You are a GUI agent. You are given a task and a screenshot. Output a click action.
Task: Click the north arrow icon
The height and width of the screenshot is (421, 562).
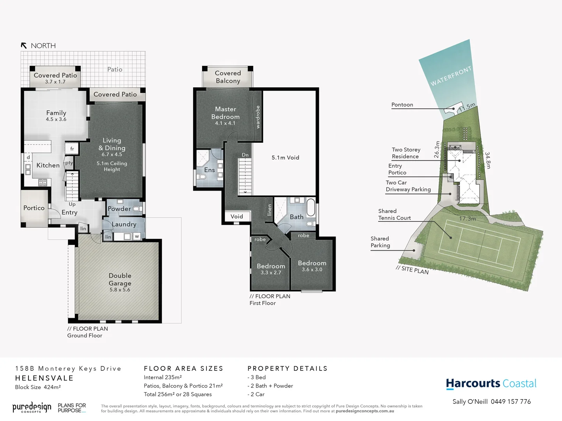tap(24, 46)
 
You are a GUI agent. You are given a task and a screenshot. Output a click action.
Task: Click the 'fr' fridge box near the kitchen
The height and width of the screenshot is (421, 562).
tap(72, 149)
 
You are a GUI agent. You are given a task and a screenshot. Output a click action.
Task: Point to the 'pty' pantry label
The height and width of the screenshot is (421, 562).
tap(69, 163)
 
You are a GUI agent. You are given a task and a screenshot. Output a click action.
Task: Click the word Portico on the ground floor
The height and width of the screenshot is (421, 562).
tap(34, 208)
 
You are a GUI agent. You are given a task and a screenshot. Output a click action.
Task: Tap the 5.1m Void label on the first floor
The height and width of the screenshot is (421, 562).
tap(285, 157)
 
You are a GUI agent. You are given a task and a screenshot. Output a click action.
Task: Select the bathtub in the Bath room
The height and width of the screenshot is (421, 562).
tap(311, 207)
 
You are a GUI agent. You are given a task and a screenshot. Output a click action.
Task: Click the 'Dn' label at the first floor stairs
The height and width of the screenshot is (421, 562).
tap(245, 155)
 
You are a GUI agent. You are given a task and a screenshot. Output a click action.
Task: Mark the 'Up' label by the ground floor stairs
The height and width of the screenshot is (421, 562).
tap(72, 204)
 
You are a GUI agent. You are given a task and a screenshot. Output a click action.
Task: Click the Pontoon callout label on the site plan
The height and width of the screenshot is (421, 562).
tap(402, 104)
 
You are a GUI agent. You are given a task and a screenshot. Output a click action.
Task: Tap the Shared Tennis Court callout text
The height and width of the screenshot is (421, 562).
tap(394, 214)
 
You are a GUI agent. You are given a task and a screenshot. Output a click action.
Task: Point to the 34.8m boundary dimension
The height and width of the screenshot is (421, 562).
tap(488, 160)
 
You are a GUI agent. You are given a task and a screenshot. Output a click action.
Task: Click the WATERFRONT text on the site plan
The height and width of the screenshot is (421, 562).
tap(451, 76)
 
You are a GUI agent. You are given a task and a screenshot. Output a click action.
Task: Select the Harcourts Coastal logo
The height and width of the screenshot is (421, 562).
tap(491, 384)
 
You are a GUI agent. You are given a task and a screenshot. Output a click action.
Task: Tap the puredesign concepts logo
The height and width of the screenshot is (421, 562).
tap(32, 408)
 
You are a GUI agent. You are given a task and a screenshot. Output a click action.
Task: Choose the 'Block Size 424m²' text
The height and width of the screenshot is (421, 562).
tap(38, 387)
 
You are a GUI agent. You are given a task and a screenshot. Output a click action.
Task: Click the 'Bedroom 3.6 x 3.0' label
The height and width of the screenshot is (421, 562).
tap(312, 266)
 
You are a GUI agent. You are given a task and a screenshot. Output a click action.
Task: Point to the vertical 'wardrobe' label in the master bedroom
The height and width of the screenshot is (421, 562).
tap(258, 117)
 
